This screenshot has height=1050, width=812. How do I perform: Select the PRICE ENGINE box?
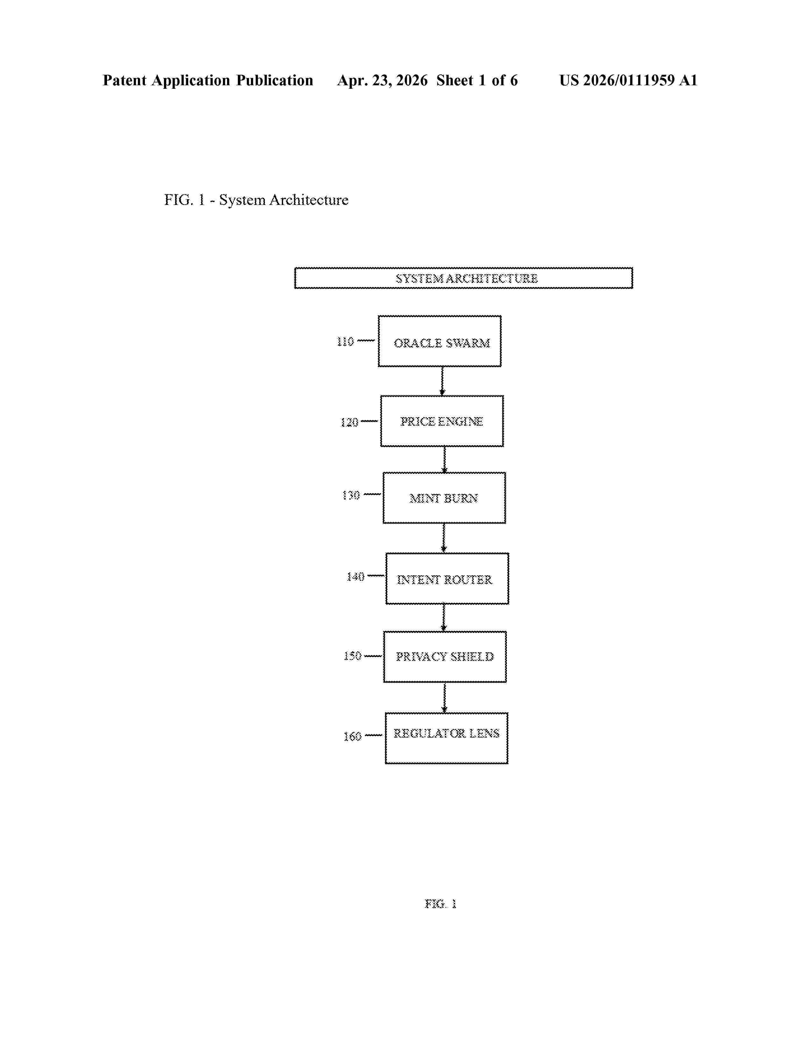pyautogui.click(x=442, y=421)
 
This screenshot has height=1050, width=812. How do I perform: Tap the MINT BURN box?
pyautogui.click(x=444, y=498)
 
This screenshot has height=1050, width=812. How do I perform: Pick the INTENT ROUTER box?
pyautogui.click(x=447, y=579)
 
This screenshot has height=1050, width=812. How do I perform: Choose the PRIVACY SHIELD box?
pyautogui.click(x=445, y=657)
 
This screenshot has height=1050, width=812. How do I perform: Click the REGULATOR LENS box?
pyautogui.click(x=446, y=738)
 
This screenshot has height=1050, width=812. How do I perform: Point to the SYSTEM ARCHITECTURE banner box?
pyautogui.click(x=463, y=278)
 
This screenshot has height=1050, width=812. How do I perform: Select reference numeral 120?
pyautogui.click(x=349, y=422)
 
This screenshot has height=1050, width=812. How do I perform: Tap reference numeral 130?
pyautogui.click(x=351, y=495)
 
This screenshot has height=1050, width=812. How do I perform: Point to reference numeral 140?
pyautogui.click(x=355, y=577)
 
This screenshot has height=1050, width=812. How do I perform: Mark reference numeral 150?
pyautogui.click(x=352, y=656)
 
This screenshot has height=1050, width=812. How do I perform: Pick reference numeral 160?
pyautogui.click(x=352, y=736)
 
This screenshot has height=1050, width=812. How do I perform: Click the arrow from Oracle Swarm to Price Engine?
pyautogui.click(x=442, y=381)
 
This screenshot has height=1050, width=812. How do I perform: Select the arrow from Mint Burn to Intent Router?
pyautogui.click(x=444, y=538)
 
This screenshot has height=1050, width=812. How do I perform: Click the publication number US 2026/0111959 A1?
pyautogui.click(x=628, y=80)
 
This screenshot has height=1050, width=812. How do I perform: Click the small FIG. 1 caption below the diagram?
pyautogui.click(x=440, y=904)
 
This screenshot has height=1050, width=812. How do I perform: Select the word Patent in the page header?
pyautogui.click(x=125, y=80)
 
